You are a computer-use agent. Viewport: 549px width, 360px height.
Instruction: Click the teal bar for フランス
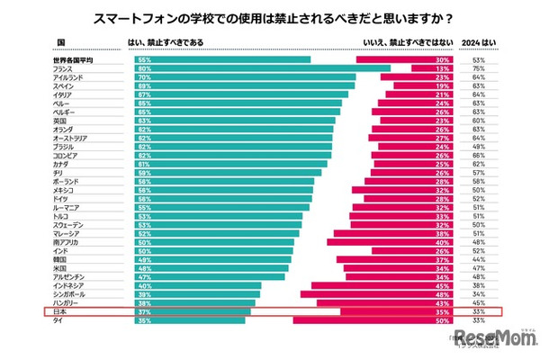(261, 68)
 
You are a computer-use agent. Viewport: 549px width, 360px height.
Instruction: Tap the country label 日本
(62, 310)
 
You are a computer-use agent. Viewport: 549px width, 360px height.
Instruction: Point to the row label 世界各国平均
(73, 60)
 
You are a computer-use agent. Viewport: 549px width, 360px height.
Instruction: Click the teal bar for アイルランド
(243, 77)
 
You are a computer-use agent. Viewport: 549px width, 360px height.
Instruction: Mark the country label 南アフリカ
(68, 241)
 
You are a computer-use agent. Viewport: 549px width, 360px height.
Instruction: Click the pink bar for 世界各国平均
(404, 60)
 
